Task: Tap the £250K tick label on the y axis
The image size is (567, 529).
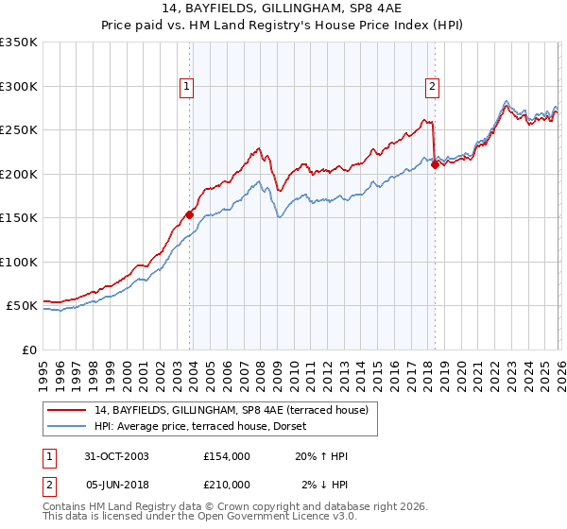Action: click(19, 130)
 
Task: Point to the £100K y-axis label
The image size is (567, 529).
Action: click(19, 262)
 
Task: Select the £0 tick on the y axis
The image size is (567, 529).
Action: click(28, 350)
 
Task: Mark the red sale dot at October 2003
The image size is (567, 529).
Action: click(190, 214)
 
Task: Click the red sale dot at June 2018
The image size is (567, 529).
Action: click(435, 164)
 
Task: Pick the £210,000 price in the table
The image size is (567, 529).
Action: click(227, 485)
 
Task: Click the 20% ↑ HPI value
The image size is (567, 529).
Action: click(321, 456)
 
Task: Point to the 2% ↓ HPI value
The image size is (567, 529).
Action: click(321, 485)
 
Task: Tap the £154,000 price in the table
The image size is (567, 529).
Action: click(227, 456)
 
